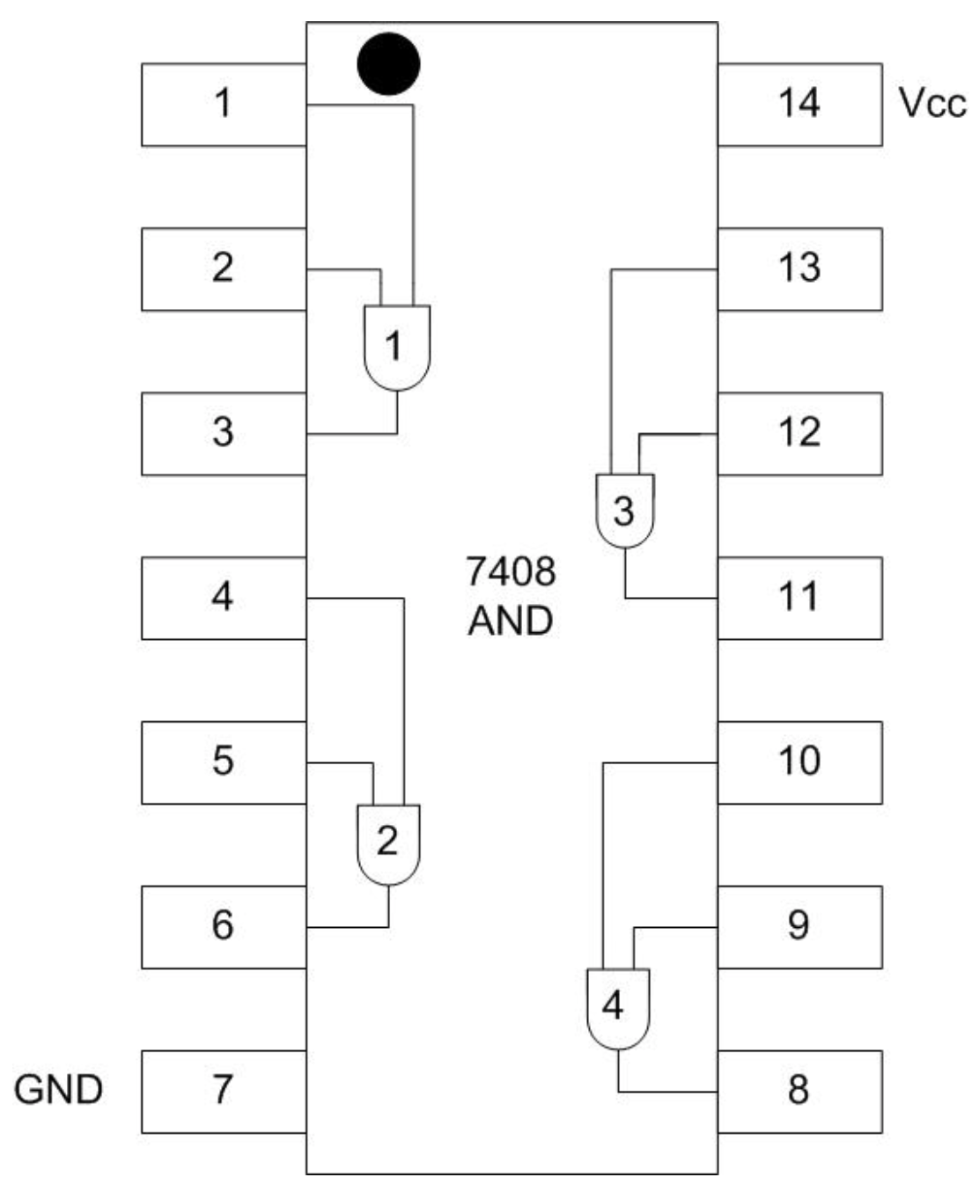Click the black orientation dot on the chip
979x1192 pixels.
click(388, 63)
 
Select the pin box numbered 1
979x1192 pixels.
click(224, 104)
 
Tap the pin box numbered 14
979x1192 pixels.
click(799, 104)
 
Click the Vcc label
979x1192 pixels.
click(932, 103)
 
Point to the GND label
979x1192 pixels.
click(58, 1090)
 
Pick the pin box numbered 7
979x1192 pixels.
click(224, 1091)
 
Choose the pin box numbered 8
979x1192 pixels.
click(799, 1091)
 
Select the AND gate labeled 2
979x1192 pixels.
click(388, 843)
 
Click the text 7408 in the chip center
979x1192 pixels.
click(511, 572)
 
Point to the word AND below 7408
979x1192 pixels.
click(511, 622)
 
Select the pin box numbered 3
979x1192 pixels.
click(224, 433)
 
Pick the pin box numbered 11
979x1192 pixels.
click(799, 598)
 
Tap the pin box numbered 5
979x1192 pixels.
click(224, 762)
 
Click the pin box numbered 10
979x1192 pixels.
click(799, 762)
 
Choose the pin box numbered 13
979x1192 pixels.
click(799, 269)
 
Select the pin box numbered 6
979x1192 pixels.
click(224, 926)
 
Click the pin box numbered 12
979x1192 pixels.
click(799, 433)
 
